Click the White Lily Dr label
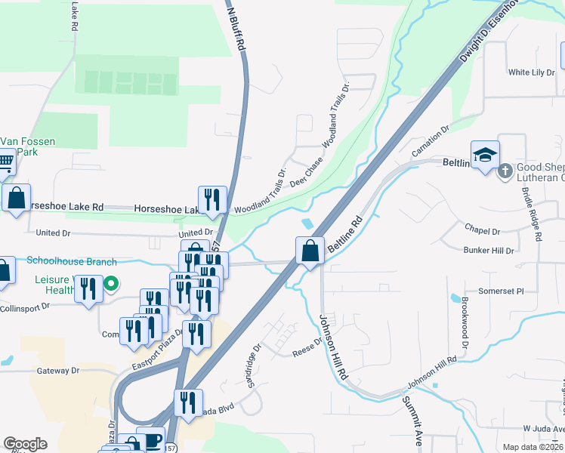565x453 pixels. pyautogui.click(x=531, y=72)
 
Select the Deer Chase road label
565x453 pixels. pyautogui.click(x=306, y=178)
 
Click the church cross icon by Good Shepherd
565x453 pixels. pyautogui.click(x=505, y=171)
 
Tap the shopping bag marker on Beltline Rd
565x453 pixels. pyautogui.click(x=310, y=250)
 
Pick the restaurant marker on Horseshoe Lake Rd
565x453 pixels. pyautogui.click(x=212, y=199)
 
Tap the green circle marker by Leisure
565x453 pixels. pyautogui.click(x=111, y=285)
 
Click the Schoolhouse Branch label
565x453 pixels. pyautogui.click(x=72, y=262)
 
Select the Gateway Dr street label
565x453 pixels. pyautogui.click(x=58, y=371)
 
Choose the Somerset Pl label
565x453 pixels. pyautogui.click(x=500, y=291)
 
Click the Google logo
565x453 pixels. pyautogui.click(x=25, y=444)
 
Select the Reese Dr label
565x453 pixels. pyautogui.click(x=307, y=347)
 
